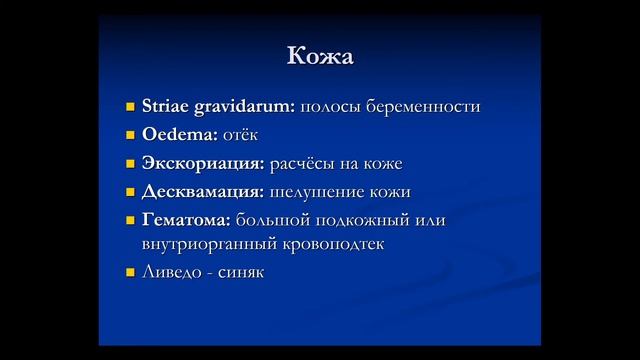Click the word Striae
[x=164, y=106]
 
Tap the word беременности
[x=424, y=106]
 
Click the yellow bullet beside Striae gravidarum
[x=130, y=106]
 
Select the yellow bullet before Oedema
[x=130, y=134]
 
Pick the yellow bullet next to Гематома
[x=130, y=217]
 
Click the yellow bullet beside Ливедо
[x=130, y=272]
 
